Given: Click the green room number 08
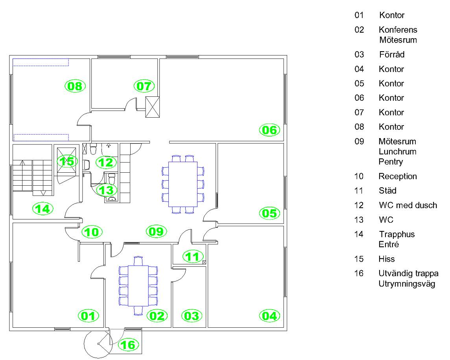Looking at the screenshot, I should point(75,86).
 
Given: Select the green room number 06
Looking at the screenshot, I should point(269,129).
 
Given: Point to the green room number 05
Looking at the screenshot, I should point(269,213).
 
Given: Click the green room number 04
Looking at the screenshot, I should point(269,315).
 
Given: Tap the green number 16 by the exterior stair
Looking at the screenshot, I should point(129,345).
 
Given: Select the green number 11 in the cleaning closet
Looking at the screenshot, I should point(192,257).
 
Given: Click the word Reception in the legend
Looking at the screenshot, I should point(397,176).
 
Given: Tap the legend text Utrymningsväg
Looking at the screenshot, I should point(407,284).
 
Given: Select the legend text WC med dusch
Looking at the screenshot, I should point(408,205).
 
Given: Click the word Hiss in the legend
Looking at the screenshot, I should point(387,259).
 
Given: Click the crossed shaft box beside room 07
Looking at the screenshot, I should point(153,107).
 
